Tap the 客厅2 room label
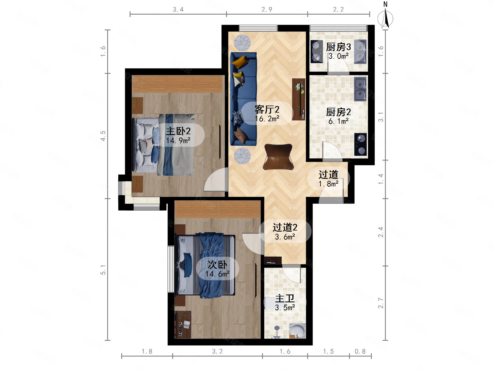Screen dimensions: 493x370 (x=267, y=109)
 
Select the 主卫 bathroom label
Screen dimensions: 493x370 (x=285, y=298)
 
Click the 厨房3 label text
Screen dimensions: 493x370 (x=338, y=47)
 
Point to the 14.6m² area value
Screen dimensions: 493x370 (x=217, y=274)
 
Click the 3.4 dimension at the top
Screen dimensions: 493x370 (x=178, y=10)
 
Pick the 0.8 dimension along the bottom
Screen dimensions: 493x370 (x=360, y=351)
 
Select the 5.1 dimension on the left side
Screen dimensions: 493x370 (x=103, y=269)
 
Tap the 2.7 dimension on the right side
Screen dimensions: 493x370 (x=381, y=303)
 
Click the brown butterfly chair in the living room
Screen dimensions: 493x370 (x=278, y=157)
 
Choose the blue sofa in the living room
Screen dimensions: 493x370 (x=244, y=99)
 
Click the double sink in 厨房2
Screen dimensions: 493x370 (x=360, y=89)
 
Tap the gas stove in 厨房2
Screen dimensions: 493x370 (x=360, y=144)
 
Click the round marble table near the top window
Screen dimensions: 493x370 (x=242, y=43)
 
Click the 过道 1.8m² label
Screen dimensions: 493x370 (x=328, y=179)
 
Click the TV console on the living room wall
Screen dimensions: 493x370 (x=299, y=99)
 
